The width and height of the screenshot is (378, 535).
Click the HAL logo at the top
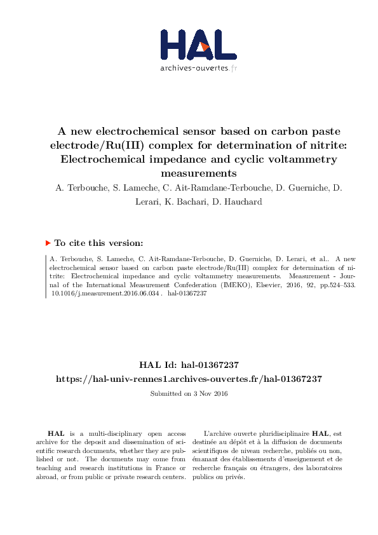click(189, 44)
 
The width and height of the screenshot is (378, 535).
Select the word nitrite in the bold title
click(320, 146)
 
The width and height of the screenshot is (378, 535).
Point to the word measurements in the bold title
click(189, 173)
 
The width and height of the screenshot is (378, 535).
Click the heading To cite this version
click(98, 243)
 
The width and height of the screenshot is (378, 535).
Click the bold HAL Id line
click(189, 365)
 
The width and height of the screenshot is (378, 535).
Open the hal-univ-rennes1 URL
click(189, 378)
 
